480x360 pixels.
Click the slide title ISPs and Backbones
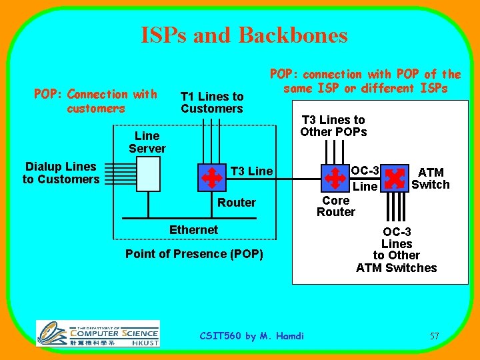click(x=244, y=35)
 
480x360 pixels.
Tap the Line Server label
click(x=147, y=142)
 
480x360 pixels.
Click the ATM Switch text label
click(x=430, y=179)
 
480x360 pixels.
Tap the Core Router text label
click(x=336, y=206)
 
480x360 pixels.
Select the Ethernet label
click(x=193, y=229)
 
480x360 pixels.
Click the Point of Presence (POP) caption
click(x=194, y=253)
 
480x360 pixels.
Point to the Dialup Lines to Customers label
click(x=61, y=173)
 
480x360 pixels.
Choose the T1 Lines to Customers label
click(x=212, y=103)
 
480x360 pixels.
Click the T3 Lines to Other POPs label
click(x=333, y=125)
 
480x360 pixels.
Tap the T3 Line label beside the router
click(x=251, y=171)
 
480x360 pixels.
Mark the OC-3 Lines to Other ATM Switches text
click(x=397, y=250)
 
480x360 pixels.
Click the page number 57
click(x=434, y=336)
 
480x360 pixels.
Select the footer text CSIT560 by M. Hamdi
click(x=252, y=336)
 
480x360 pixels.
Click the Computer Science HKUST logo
click(x=97, y=333)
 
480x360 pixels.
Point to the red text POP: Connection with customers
click(x=95, y=101)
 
